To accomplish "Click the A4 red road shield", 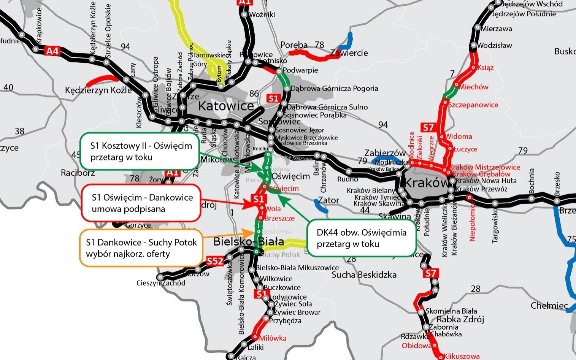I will (52, 51).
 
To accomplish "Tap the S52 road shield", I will (215, 262).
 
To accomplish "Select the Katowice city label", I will (226, 106).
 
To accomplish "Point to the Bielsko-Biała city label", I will (249, 241).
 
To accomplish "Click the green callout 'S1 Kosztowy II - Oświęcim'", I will (140, 151).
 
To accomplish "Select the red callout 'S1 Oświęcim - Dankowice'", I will (141, 203).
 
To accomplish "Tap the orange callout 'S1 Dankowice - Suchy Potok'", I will (141, 248).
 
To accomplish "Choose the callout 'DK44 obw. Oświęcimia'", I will (361, 238).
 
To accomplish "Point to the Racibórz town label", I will (78, 173).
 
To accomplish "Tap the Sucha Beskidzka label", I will (364, 274).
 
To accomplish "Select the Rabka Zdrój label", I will (460, 319).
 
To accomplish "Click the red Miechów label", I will (473, 87).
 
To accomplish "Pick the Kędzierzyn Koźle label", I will (98, 90).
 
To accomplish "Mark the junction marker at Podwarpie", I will (279, 71).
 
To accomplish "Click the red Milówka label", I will (272, 338).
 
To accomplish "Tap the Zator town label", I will (328, 200).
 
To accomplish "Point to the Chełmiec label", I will (549, 306).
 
